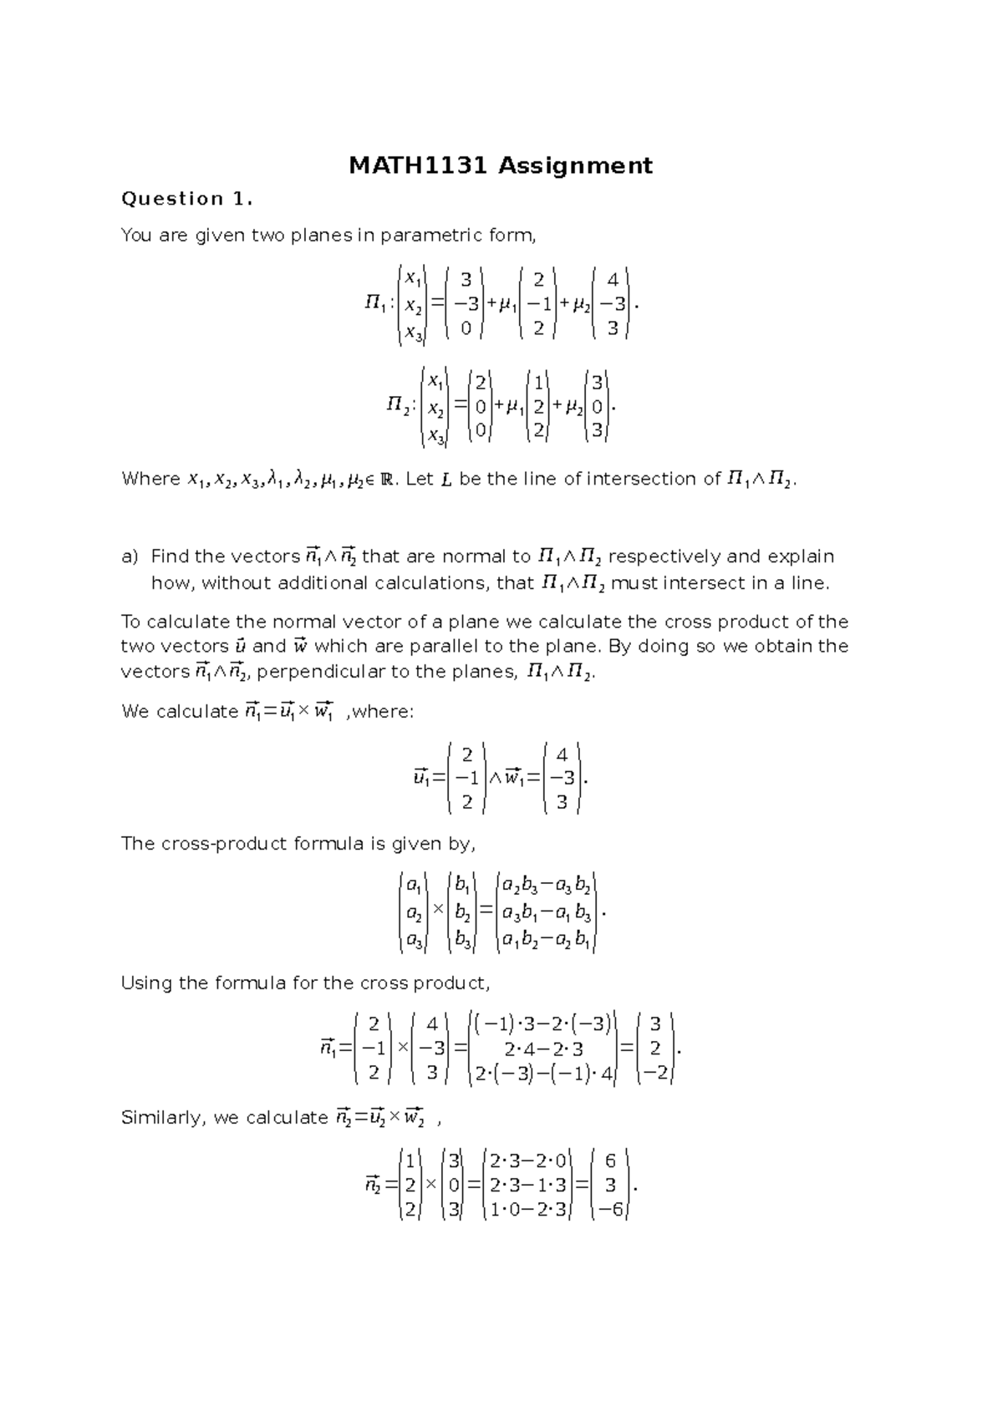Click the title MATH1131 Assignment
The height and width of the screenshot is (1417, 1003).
[x=500, y=165]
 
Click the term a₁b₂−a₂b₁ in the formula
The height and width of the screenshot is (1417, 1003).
[x=547, y=942]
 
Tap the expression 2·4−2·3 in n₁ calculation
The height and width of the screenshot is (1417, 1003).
[x=543, y=1049]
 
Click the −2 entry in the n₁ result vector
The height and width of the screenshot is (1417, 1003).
[x=656, y=1074]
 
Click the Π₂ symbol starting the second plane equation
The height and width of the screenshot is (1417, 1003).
[x=399, y=406]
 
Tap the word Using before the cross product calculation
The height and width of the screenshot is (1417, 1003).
[x=146, y=983]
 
